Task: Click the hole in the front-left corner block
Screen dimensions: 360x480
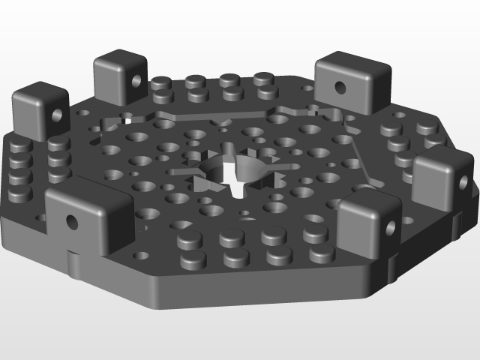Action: (x=72, y=221)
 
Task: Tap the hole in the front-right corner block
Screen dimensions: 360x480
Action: (x=391, y=226)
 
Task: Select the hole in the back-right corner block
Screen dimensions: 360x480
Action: (x=340, y=87)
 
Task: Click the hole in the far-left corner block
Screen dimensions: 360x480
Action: (x=56, y=115)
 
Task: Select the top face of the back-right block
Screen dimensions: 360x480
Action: (x=353, y=63)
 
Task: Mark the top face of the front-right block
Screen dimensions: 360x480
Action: (x=367, y=199)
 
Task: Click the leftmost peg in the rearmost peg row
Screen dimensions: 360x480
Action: (x=160, y=82)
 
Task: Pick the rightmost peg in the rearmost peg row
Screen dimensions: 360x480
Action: (x=262, y=78)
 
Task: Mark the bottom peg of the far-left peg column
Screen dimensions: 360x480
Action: (x=19, y=191)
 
